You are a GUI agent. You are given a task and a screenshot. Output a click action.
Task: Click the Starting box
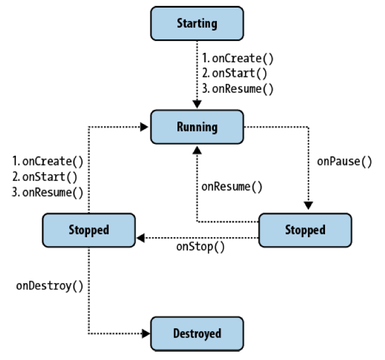pyautogui.click(x=197, y=23)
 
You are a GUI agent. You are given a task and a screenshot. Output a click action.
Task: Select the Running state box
pyautogui.click(x=197, y=127)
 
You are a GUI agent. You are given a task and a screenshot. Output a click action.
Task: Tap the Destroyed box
pyautogui.click(x=197, y=334)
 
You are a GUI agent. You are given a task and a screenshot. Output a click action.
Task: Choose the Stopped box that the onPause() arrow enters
pyautogui.click(x=305, y=230)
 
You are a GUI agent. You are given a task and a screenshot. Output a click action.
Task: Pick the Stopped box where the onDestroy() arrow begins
pyautogui.click(x=89, y=230)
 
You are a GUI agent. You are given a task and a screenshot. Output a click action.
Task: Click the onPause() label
pyautogui.click(x=344, y=162)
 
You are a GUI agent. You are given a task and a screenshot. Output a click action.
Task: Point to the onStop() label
pyautogui.click(x=200, y=247)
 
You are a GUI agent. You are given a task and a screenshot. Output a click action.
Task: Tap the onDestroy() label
pyautogui.click(x=49, y=286)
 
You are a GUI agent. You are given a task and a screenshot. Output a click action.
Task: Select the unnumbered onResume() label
pyautogui.click(x=232, y=187)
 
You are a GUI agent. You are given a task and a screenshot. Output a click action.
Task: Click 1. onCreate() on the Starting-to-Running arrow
pyautogui.click(x=238, y=59)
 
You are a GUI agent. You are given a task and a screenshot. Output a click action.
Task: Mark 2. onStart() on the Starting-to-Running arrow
pyautogui.click(x=235, y=74)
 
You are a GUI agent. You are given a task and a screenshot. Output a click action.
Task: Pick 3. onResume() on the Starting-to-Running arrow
pyautogui.click(x=238, y=89)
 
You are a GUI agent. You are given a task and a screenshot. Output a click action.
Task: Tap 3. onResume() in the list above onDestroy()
pyautogui.click(x=48, y=192)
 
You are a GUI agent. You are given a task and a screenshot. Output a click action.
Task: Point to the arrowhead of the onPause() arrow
pyautogui.click(x=307, y=204)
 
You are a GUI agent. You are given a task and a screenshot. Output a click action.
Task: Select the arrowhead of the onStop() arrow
pyautogui.click(x=141, y=238)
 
